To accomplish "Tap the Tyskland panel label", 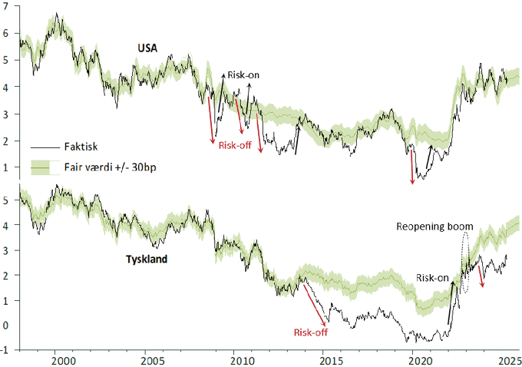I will (147, 259).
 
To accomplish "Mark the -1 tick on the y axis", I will (6, 350).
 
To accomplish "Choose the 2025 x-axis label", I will (507, 360).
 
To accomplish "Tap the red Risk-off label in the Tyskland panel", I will (310, 332).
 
